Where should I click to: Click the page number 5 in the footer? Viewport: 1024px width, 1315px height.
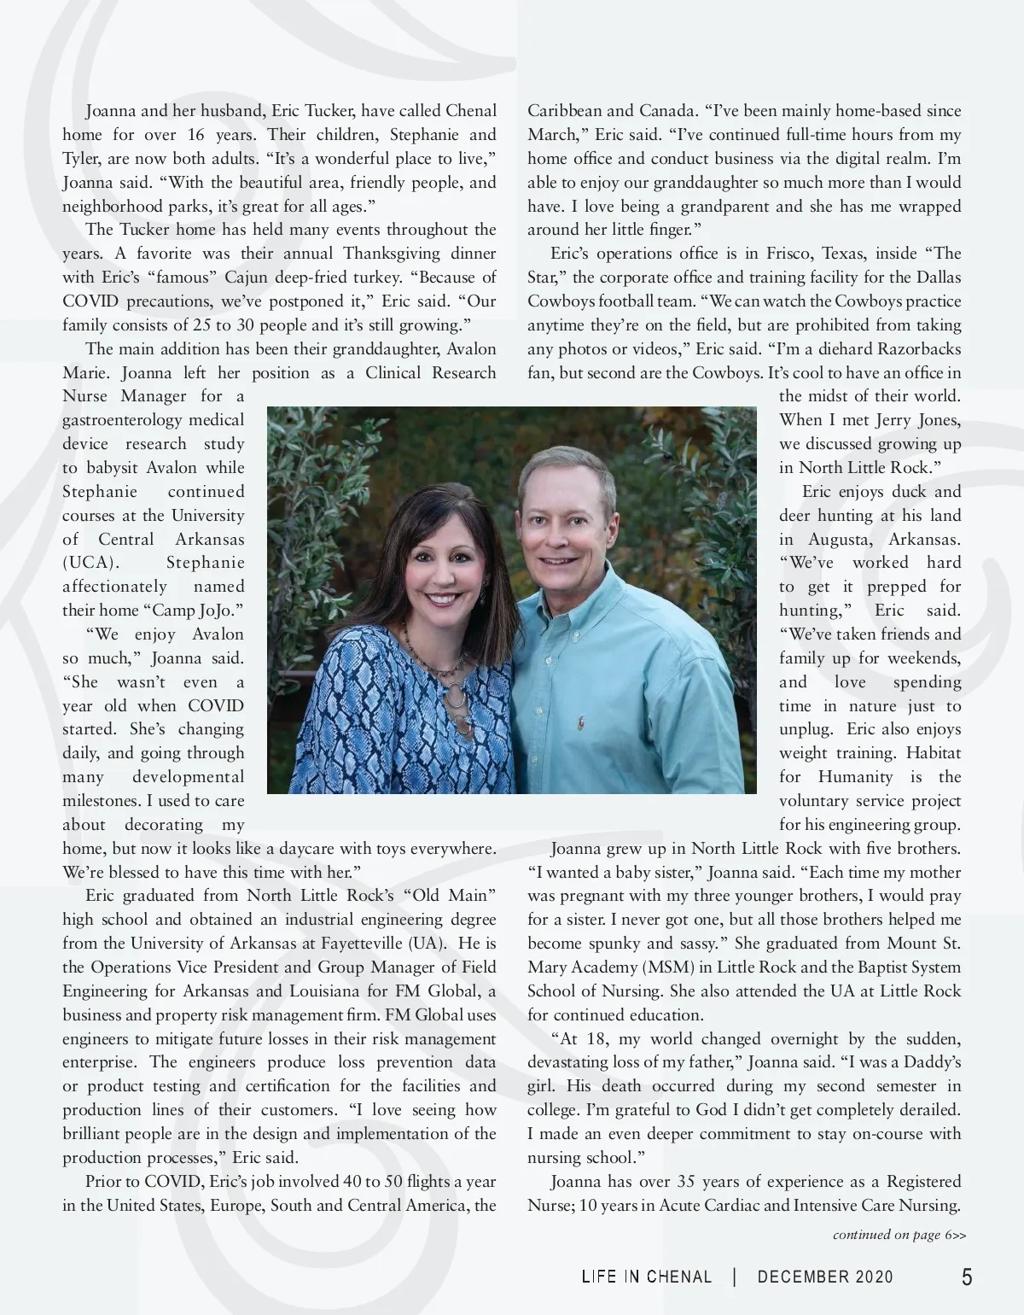[x=966, y=1277]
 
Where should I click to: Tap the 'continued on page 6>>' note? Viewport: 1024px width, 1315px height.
[x=899, y=1236]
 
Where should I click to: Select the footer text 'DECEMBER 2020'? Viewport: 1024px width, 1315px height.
[x=825, y=1277]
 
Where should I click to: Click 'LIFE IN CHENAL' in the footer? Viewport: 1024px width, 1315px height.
[x=647, y=1277]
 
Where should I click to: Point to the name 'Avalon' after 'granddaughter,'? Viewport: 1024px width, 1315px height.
[x=472, y=349]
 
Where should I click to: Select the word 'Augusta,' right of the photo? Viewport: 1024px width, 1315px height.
[x=830, y=540]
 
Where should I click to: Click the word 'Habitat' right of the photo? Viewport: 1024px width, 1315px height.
[x=933, y=753]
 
